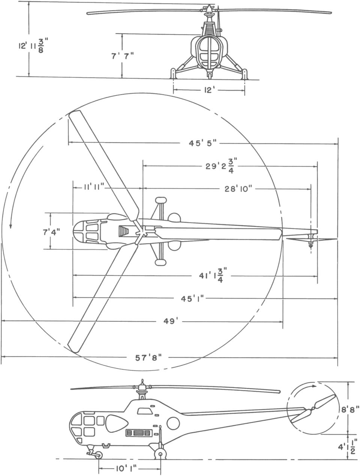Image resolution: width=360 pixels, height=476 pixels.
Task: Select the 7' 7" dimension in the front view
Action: pyautogui.click(x=122, y=56)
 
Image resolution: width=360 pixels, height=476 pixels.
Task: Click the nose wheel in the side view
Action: pyautogui.click(x=98, y=455)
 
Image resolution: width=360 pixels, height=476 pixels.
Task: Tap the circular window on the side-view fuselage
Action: pyautogui.click(x=173, y=423)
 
